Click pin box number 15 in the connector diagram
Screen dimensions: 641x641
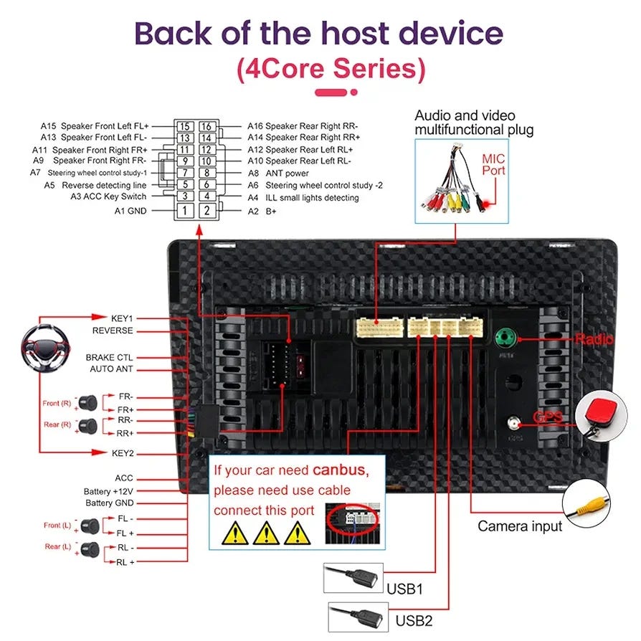(x=185, y=127)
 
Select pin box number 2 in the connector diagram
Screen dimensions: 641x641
(x=206, y=211)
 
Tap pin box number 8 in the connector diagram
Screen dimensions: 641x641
(x=206, y=173)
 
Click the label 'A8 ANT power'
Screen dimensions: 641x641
(x=278, y=173)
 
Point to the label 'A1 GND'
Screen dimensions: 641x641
(x=130, y=211)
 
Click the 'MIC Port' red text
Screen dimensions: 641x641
(x=493, y=164)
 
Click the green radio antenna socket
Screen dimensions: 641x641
(x=506, y=336)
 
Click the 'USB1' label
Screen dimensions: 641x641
(x=404, y=589)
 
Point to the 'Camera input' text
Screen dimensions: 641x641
(x=520, y=526)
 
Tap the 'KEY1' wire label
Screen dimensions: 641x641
(x=122, y=318)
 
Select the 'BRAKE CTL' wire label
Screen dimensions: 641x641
(x=110, y=357)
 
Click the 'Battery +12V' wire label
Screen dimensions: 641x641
(x=108, y=491)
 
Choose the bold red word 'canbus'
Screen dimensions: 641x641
(x=340, y=471)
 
